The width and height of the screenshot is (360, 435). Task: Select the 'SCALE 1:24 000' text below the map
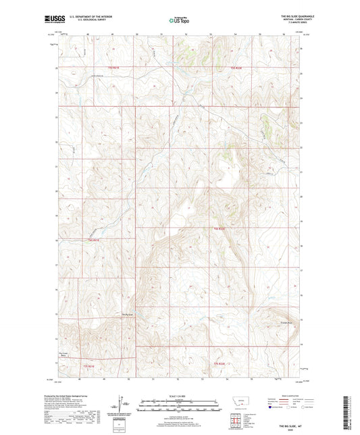pyautogui.click(x=179, y=395)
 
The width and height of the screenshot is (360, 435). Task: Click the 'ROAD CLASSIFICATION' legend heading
pyautogui.click(x=284, y=395)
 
